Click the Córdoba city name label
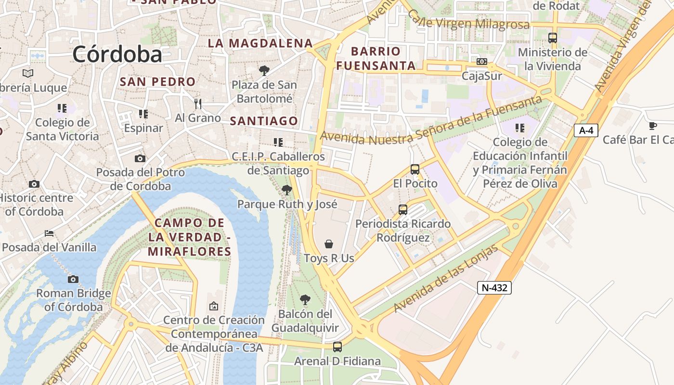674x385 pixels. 117,54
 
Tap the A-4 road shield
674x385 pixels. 585,130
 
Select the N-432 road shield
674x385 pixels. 494,288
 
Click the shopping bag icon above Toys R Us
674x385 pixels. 329,244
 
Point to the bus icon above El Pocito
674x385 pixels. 415,169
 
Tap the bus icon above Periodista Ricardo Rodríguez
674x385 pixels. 403,210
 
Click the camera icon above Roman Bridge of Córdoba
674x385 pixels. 73,279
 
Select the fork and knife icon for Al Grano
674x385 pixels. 197,103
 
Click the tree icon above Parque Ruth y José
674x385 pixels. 287,190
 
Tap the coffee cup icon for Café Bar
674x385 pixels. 652,126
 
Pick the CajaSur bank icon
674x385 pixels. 481,62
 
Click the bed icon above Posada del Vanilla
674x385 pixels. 49,233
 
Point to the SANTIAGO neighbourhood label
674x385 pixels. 264,121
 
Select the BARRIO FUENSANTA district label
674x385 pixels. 376,58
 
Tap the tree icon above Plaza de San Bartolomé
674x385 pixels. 264,71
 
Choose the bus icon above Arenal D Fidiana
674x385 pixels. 337,346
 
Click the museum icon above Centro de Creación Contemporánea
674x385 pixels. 214,306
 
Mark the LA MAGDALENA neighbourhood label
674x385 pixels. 260,43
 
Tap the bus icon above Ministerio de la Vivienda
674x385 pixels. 553,38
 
